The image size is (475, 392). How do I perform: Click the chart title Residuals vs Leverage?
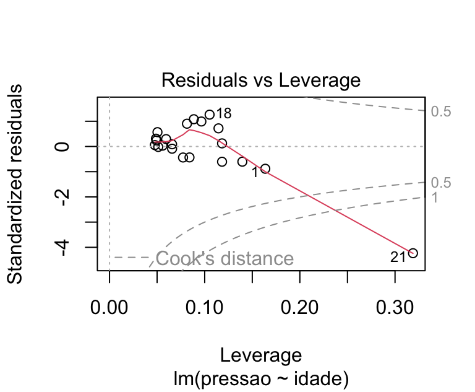[261, 80]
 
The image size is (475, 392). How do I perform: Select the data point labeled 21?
[413, 253]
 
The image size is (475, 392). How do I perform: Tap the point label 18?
[224, 113]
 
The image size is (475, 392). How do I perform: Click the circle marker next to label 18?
[210, 115]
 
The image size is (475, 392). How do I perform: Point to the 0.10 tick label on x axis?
[205, 307]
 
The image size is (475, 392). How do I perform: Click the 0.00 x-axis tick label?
[109, 307]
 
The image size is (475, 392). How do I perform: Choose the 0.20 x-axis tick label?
[299, 307]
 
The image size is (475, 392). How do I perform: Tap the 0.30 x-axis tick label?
[395, 307]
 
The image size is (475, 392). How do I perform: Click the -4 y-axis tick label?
[62, 248]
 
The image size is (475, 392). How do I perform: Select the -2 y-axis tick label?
[62, 197]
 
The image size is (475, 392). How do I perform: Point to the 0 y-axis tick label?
[62, 147]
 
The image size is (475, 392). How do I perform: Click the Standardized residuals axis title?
[14, 184]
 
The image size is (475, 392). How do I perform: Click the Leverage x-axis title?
[261, 355]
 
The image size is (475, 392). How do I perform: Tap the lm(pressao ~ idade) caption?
[261, 378]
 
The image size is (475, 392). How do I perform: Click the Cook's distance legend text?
[225, 258]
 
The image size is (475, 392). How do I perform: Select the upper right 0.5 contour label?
[441, 111]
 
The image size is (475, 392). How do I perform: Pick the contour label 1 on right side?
[435, 198]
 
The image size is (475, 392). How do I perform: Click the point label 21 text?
[398, 257]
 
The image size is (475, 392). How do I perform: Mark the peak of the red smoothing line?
[189, 130]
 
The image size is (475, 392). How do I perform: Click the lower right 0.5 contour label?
[441, 183]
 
